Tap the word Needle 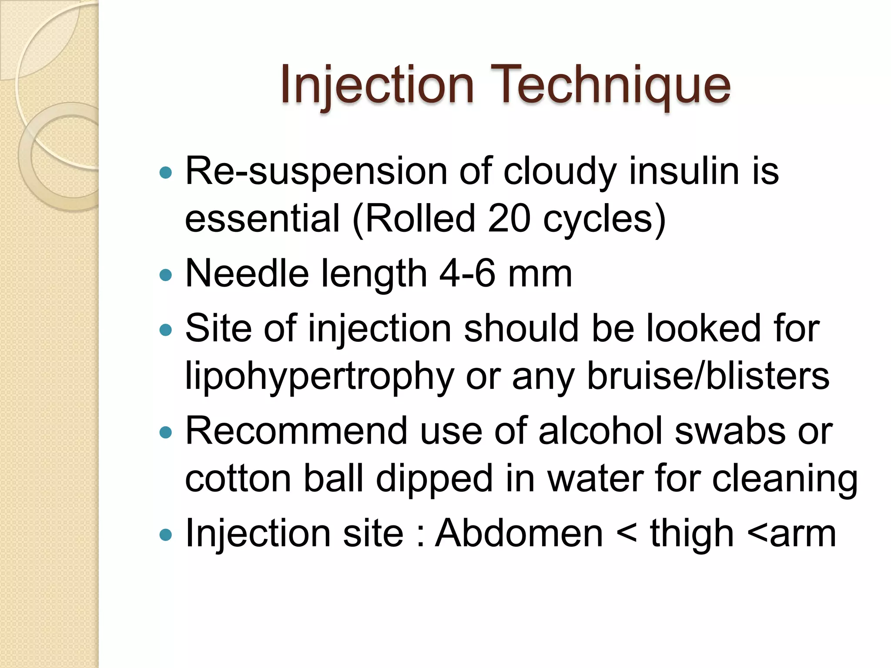(x=247, y=274)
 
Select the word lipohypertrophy (x=320, y=377)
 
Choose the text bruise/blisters (x=708, y=376)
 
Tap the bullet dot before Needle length (x=166, y=275)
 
